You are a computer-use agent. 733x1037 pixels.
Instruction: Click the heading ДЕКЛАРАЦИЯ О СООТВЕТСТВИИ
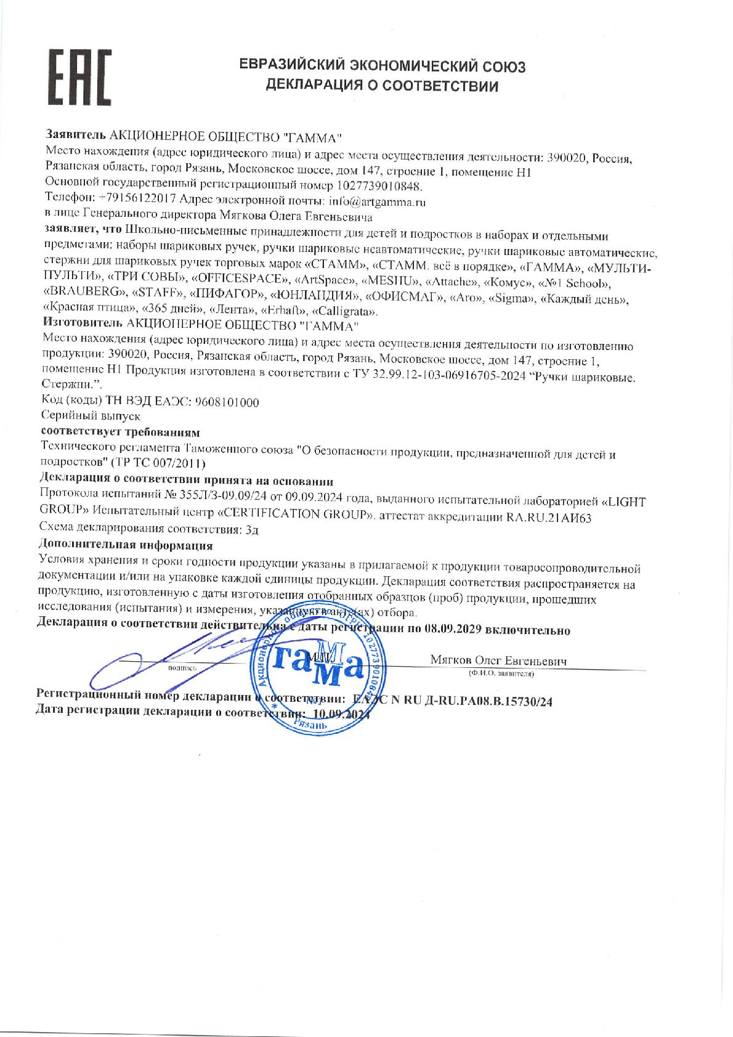click(381, 86)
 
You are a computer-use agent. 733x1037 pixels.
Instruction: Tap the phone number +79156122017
click(137, 199)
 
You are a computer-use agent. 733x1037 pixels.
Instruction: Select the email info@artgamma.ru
click(377, 201)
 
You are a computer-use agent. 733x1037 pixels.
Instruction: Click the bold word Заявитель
click(76, 134)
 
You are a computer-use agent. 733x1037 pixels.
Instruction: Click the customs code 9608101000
click(227, 402)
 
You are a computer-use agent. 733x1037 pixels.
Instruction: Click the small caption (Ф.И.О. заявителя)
click(501, 673)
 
